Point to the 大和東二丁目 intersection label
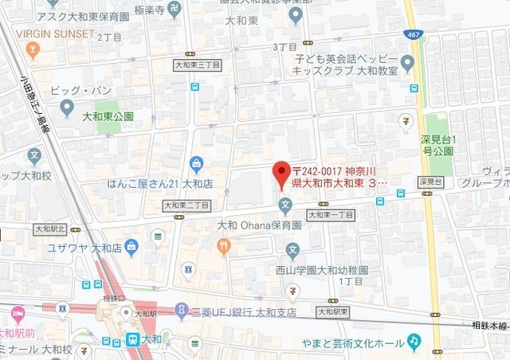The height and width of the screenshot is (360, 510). click(186, 205)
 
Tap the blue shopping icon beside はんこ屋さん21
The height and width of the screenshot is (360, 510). click(196, 164)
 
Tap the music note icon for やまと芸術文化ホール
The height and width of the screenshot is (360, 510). click(413, 341)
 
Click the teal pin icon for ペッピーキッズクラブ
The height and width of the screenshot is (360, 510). click(408, 61)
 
